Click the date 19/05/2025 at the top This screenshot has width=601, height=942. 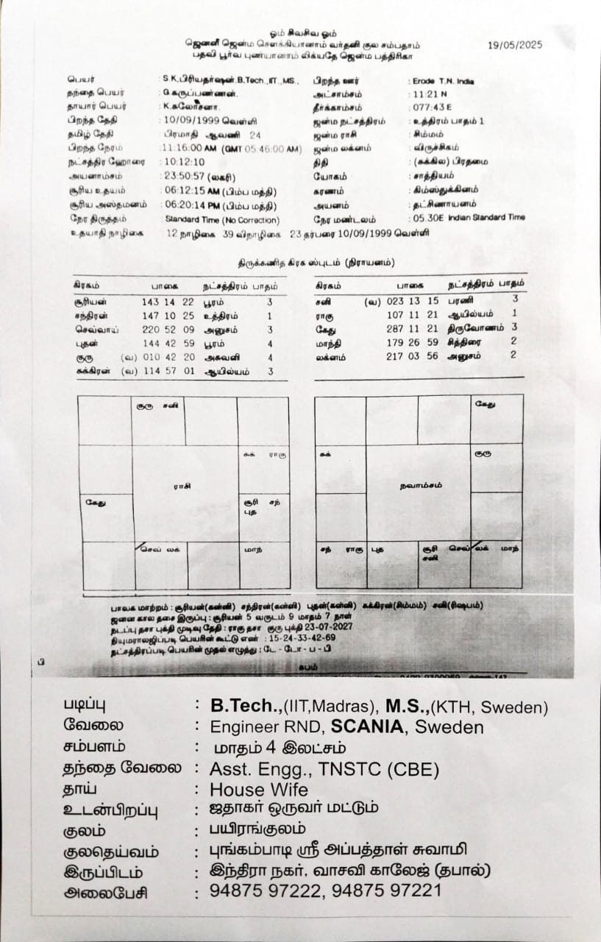click(515, 45)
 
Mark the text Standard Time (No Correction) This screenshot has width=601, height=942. click(221, 219)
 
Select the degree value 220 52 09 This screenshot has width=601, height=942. click(168, 330)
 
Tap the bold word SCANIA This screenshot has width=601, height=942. click(367, 727)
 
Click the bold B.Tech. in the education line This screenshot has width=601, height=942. click(246, 706)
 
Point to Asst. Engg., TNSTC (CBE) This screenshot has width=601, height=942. click(324, 769)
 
